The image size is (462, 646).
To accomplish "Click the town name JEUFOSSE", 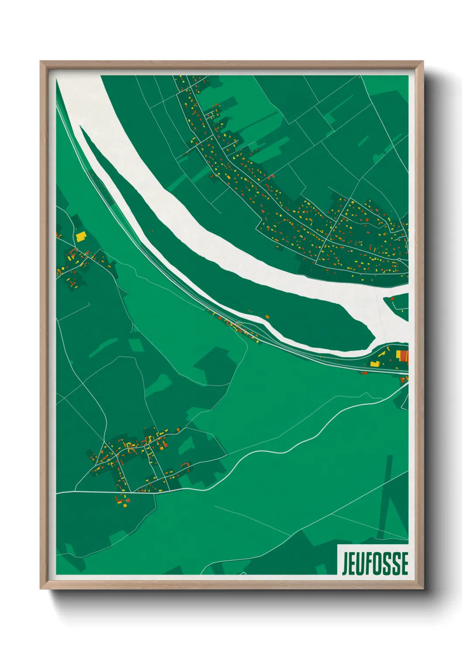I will (x=375, y=563).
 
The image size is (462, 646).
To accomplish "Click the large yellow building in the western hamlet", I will (x=81, y=237).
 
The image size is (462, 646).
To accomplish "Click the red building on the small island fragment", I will (x=392, y=299).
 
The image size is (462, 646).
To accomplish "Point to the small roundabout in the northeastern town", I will (x=399, y=259).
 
